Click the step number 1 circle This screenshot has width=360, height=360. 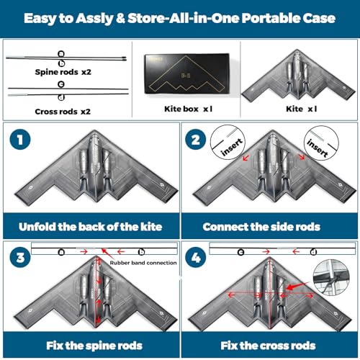[20, 139]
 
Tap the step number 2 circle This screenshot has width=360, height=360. [196, 139]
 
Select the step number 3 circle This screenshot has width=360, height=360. [20, 258]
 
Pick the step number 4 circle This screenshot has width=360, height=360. [196, 258]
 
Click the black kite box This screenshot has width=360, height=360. [186, 73]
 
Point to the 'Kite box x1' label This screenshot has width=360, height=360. [189, 109]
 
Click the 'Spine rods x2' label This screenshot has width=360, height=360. [63, 72]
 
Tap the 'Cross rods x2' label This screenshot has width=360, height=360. [63, 112]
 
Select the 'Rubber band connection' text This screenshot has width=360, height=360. [143, 263]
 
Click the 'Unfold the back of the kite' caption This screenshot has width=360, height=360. [91, 227]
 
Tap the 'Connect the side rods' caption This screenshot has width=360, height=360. [261, 227]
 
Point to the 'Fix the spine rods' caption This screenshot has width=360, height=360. [94, 346]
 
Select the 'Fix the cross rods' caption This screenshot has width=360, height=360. [268, 346]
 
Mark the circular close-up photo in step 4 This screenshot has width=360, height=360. [331, 277]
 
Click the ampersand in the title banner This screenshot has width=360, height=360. [120, 18]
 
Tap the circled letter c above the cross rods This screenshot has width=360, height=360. [61, 84]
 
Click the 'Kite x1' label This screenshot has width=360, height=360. [302, 109]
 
